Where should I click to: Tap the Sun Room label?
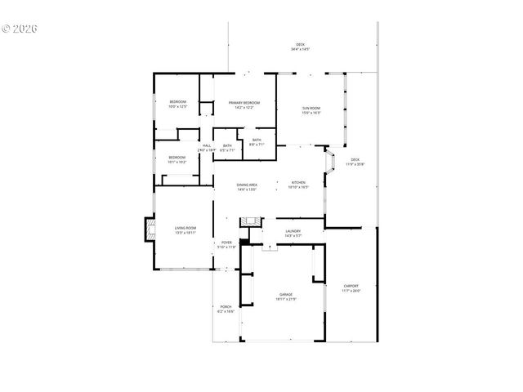[x=311, y=110]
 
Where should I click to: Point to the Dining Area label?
[x=248, y=187]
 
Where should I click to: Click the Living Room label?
[x=185, y=230]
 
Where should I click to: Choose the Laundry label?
[x=293, y=234]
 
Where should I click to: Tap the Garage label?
[x=286, y=296]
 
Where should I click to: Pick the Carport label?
[x=351, y=287]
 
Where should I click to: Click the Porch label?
[x=226, y=309]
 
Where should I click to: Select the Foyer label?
[x=227, y=244]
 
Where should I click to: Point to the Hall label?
[x=207, y=148]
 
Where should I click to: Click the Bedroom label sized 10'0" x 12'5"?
[x=178, y=104]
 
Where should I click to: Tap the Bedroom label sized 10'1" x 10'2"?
[x=177, y=159]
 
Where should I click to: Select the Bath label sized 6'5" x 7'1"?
[x=227, y=148]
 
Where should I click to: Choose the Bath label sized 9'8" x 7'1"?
[x=257, y=142]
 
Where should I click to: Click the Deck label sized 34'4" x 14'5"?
[x=300, y=47]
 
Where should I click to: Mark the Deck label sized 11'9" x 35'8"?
[x=355, y=162]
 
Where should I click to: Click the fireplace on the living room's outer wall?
[x=150, y=229]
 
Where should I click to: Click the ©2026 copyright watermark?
[x=20, y=29]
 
